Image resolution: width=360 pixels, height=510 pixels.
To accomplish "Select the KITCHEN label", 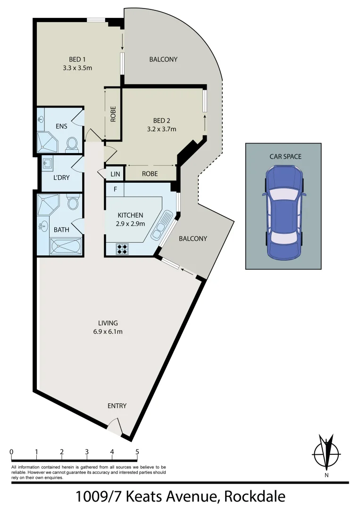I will [130, 215].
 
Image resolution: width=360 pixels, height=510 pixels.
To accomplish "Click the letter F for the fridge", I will [115, 189].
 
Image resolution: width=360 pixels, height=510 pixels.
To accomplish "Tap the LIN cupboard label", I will [115, 174].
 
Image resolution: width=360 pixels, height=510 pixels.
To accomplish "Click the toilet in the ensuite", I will [72, 143].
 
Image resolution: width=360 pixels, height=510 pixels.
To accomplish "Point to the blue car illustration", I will [283, 213].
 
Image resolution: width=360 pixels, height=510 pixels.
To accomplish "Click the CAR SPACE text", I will [285, 156].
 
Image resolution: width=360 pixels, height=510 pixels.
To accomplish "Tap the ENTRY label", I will [117, 406].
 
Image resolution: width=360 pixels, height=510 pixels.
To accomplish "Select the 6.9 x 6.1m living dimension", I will [108, 331].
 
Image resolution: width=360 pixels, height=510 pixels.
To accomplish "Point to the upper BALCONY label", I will [163, 59].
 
